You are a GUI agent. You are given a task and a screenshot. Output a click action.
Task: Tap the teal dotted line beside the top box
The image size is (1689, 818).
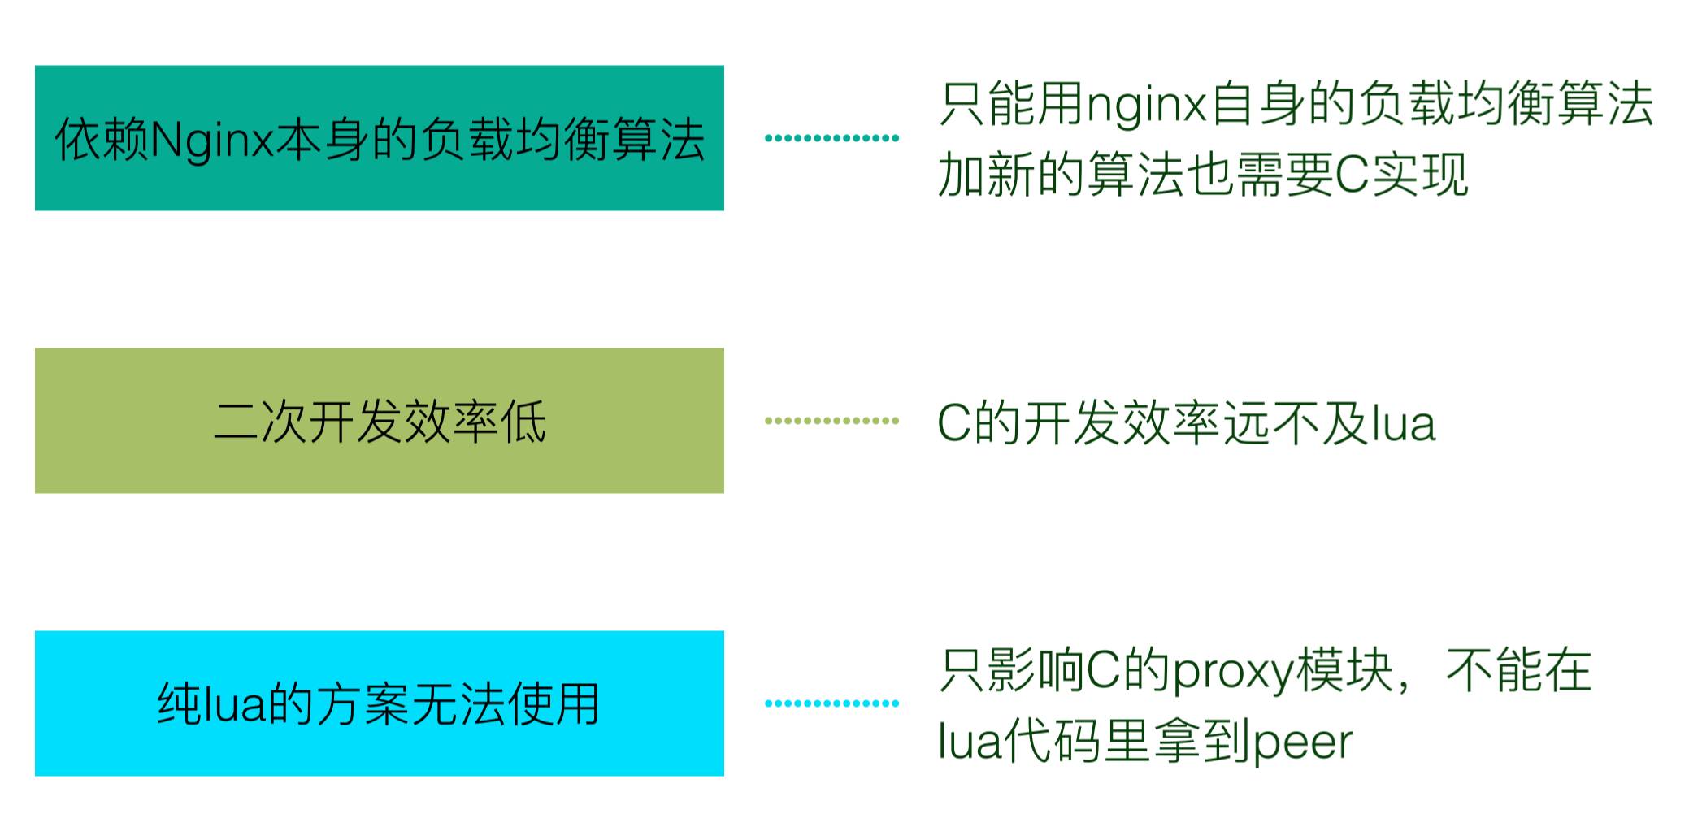click(831, 138)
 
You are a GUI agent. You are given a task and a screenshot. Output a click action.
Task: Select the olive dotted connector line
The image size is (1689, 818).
click(831, 421)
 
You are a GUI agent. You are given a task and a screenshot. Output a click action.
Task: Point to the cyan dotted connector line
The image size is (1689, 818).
click(831, 703)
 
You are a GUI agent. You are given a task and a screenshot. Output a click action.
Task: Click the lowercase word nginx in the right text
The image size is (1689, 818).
click(1146, 106)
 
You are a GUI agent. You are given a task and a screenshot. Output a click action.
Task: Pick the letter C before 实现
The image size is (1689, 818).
click(1353, 175)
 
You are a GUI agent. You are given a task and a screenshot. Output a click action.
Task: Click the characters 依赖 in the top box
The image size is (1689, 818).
click(102, 140)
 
